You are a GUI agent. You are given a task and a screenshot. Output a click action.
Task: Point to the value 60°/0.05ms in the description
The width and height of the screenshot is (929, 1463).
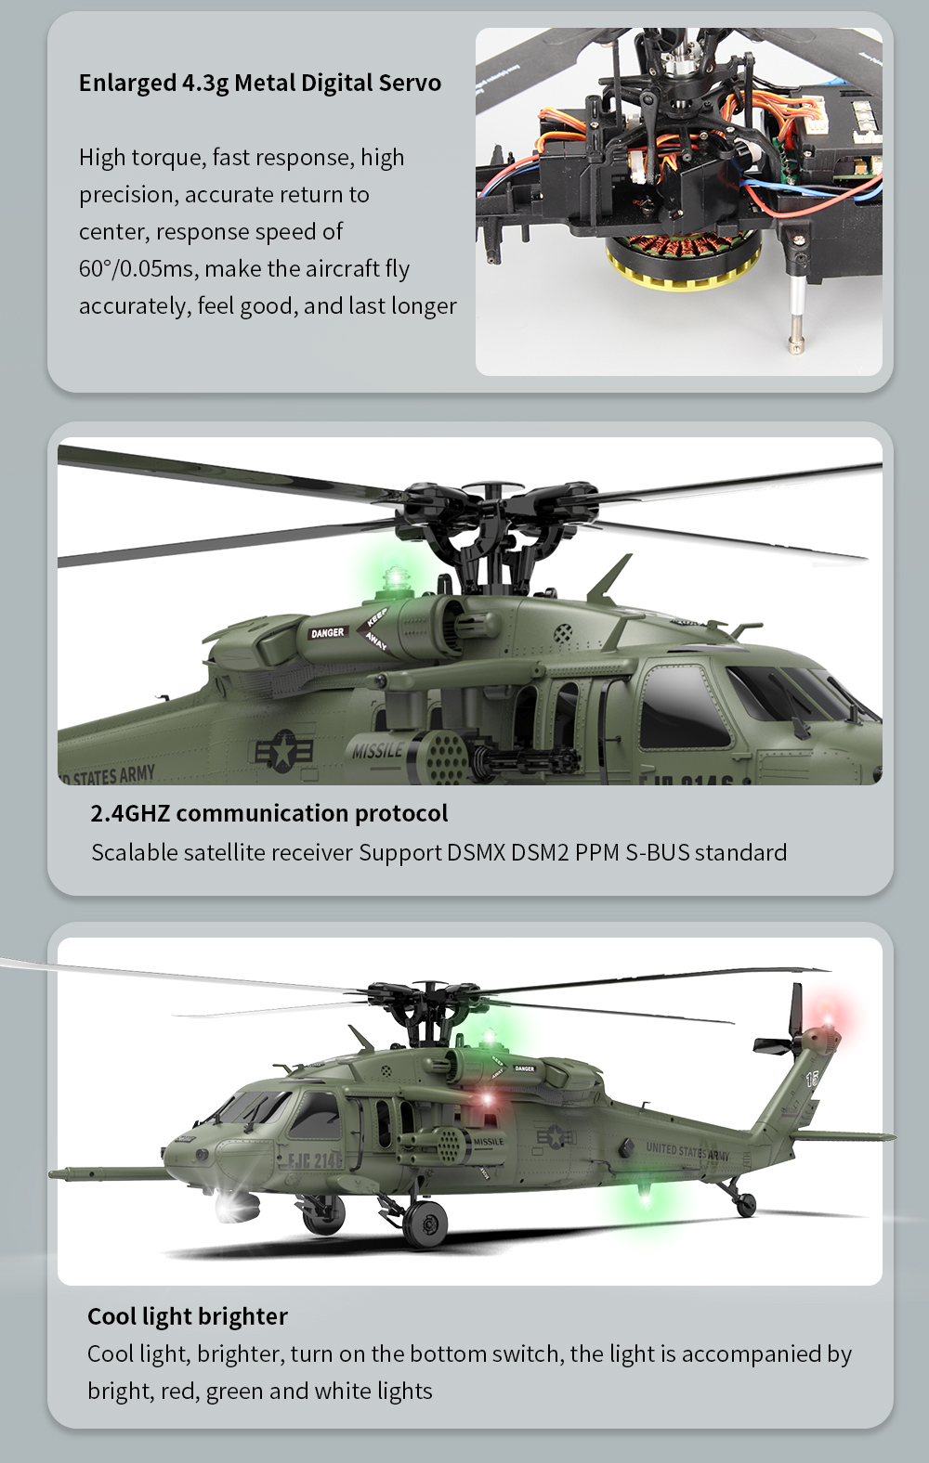point(137,268)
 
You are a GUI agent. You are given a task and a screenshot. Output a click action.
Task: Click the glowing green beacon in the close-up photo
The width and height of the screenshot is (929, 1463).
point(394,578)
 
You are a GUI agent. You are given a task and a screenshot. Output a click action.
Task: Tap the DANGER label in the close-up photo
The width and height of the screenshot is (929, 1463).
point(328,633)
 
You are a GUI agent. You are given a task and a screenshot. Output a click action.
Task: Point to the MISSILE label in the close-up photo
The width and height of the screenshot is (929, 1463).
point(378,750)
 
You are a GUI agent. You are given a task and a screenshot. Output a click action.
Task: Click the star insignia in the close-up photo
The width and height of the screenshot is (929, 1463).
point(283,751)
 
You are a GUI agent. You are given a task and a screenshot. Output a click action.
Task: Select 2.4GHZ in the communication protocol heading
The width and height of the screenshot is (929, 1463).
point(130,813)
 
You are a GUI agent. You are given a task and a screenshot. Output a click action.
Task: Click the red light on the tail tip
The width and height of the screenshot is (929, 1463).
point(829,1018)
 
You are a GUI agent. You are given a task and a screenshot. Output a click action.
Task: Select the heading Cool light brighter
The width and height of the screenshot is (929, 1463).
point(188,1316)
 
